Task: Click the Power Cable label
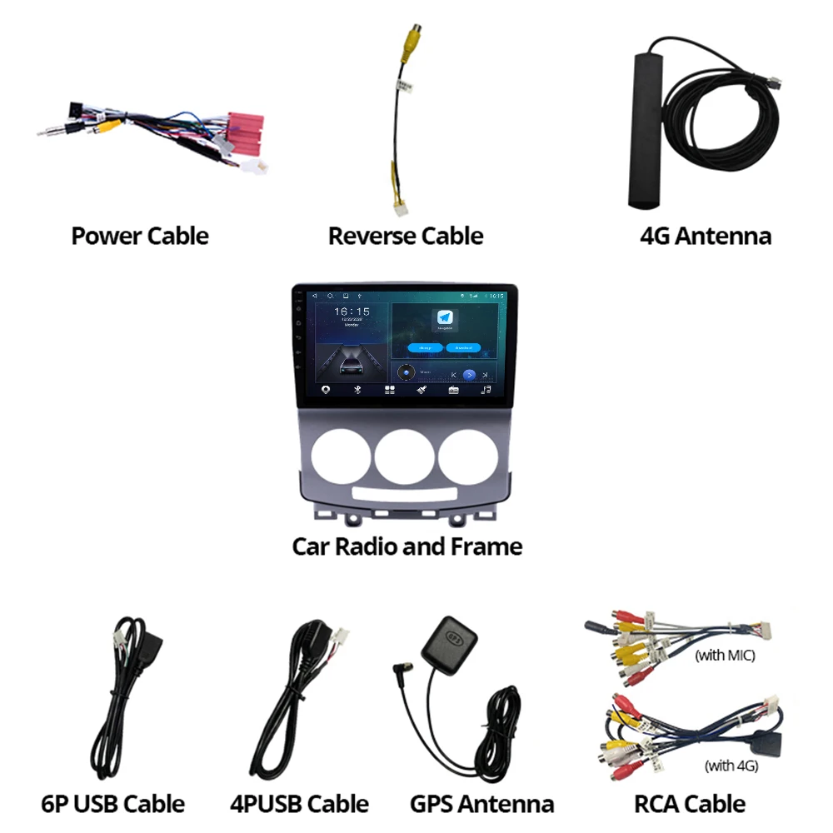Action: (140, 236)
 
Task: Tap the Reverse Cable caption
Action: (406, 236)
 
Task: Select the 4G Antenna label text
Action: (706, 236)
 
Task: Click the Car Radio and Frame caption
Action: (407, 546)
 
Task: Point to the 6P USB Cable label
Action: (112, 804)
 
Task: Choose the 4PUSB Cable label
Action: (299, 804)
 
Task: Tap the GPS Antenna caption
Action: (481, 804)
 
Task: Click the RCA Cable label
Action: (690, 804)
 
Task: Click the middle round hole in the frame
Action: (404, 457)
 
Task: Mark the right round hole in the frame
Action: (468, 457)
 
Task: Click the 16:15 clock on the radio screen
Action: (352, 312)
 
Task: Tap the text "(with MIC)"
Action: (725, 656)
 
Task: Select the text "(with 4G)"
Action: (731, 765)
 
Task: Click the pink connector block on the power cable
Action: (247, 133)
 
